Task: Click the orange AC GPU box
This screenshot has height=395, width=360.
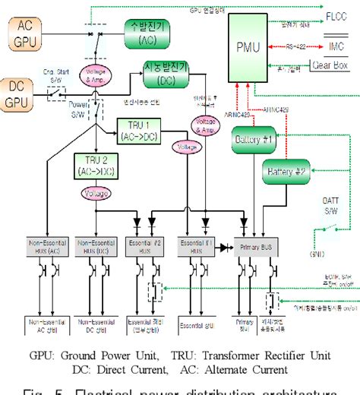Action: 24,34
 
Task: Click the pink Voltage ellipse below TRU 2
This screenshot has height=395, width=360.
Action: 96,194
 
